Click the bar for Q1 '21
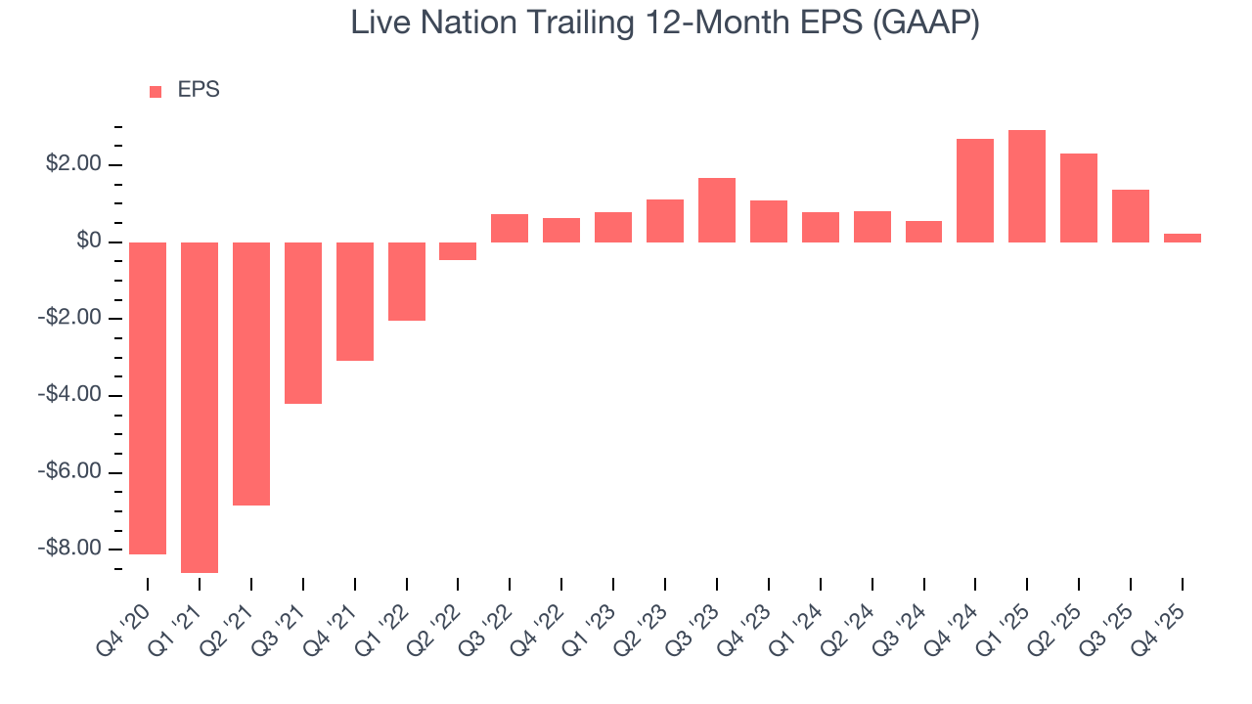(x=200, y=407)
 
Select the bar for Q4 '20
(x=148, y=398)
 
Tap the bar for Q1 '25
(x=1027, y=186)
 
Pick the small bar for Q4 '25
(x=1183, y=238)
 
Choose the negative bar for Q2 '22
(x=458, y=251)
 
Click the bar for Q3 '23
(x=717, y=210)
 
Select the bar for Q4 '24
(x=975, y=191)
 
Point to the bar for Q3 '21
(x=303, y=323)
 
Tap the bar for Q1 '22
(x=407, y=282)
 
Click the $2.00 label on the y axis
(x=73, y=164)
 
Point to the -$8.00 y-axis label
(x=70, y=549)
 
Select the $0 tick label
(x=89, y=242)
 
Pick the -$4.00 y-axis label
(x=70, y=395)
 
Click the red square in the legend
(x=156, y=92)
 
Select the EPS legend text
(x=199, y=91)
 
